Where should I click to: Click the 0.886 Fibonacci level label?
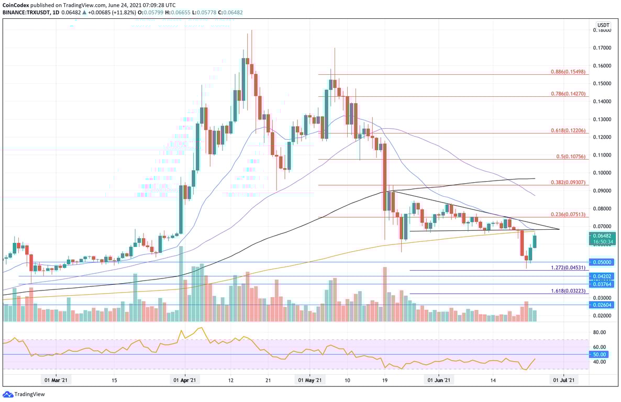[569, 71]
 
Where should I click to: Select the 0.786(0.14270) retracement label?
[569, 94]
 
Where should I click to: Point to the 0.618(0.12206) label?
[569, 130]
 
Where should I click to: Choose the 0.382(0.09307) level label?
[569, 182]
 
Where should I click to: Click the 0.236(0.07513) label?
[569, 214]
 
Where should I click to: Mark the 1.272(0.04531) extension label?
[569, 267]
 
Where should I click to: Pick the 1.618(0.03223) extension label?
[569, 291]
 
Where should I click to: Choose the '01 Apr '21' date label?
[185, 381]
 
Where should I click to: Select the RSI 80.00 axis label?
[600, 332]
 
